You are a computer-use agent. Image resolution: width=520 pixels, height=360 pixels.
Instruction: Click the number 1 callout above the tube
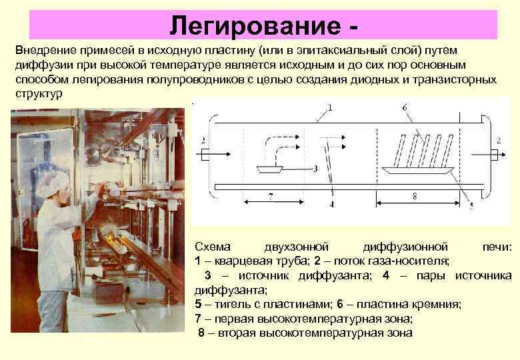pyautogui.click(x=331, y=107)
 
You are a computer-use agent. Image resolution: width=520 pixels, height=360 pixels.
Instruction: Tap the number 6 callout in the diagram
pyautogui.click(x=405, y=107)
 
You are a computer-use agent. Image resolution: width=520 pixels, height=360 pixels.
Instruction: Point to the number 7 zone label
pyautogui.click(x=270, y=196)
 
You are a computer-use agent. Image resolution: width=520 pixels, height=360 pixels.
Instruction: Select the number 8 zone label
pyautogui.click(x=414, y=196)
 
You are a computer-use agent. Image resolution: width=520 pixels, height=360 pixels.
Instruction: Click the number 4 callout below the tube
pyautogui.click(x=331, y=204)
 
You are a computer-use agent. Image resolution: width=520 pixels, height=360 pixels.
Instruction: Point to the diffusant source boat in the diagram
pyautogui.click(x=271, y=169)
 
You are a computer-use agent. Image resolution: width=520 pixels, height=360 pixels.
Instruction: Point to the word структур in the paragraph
pyautogui.click(x=39, y=93)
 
